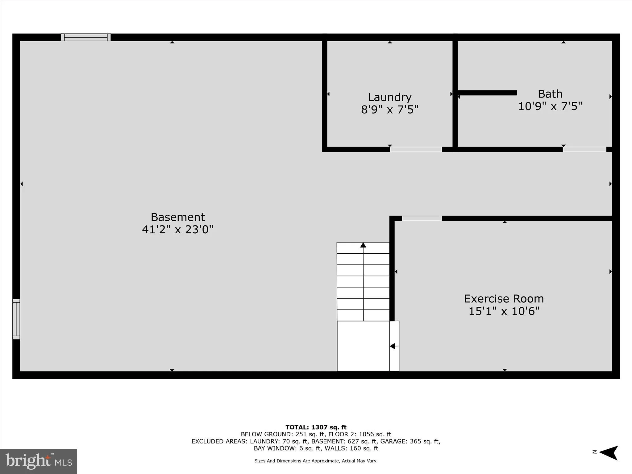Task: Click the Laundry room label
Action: click(389, 97)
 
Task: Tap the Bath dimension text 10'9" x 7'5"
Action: click(550, 106)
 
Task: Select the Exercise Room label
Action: click(504, 299)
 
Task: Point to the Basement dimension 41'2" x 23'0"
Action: click(177, 230)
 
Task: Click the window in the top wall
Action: click(86, 37)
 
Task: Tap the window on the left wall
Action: click(16, 319)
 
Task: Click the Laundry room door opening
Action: click(416, 149)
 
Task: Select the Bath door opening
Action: click(584, 149)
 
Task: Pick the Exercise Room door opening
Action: click(422, 218)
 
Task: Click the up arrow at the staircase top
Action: click(363, 245)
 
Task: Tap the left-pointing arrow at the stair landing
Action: click(392, 346)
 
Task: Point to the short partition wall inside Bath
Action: click(487, 93)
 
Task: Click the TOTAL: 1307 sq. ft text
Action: click(316, 427)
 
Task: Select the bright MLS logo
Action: click(39, 461)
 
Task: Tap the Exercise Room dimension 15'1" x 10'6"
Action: click(504, 311)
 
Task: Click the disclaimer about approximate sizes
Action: click(316, 461)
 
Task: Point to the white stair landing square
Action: click(363, 346)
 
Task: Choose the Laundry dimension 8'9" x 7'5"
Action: click(389, 110)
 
